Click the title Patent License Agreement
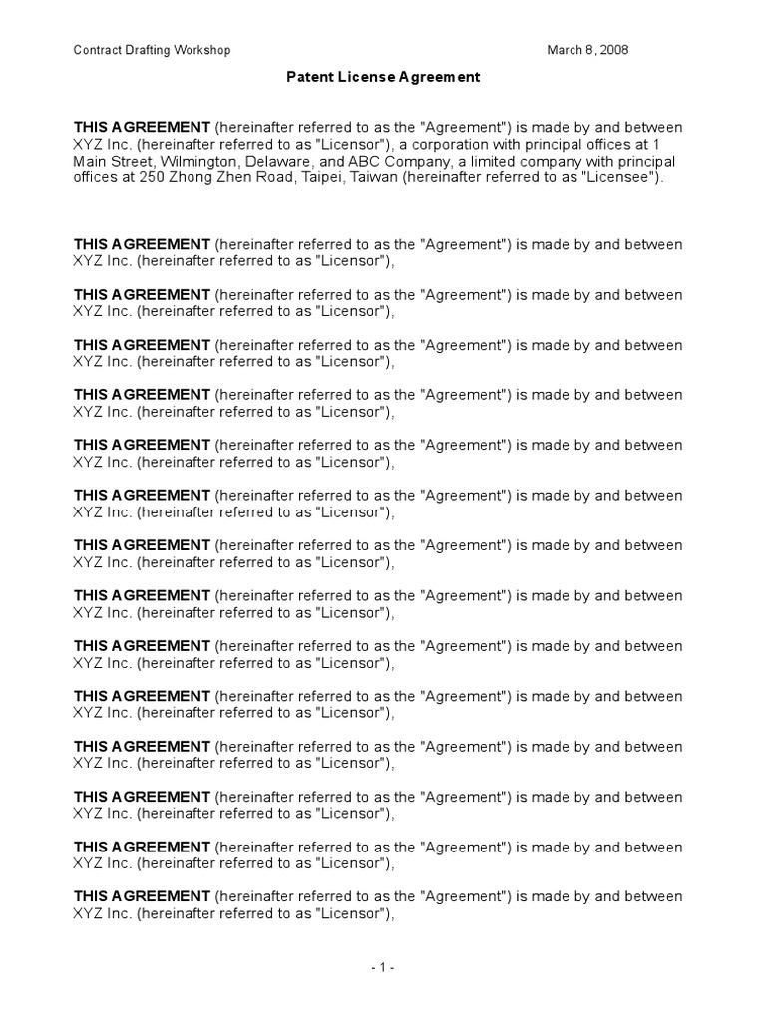click(383, 77)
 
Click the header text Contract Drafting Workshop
click(153, 50)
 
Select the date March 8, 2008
click(588, 50)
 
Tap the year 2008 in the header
click(612, 50)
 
